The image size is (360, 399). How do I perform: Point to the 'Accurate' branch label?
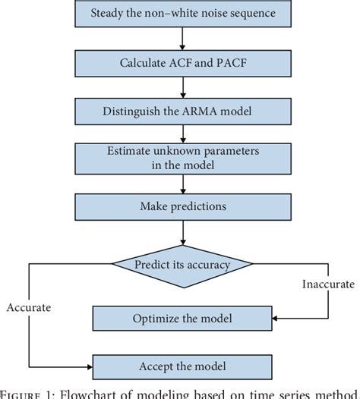click(28, 308)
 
